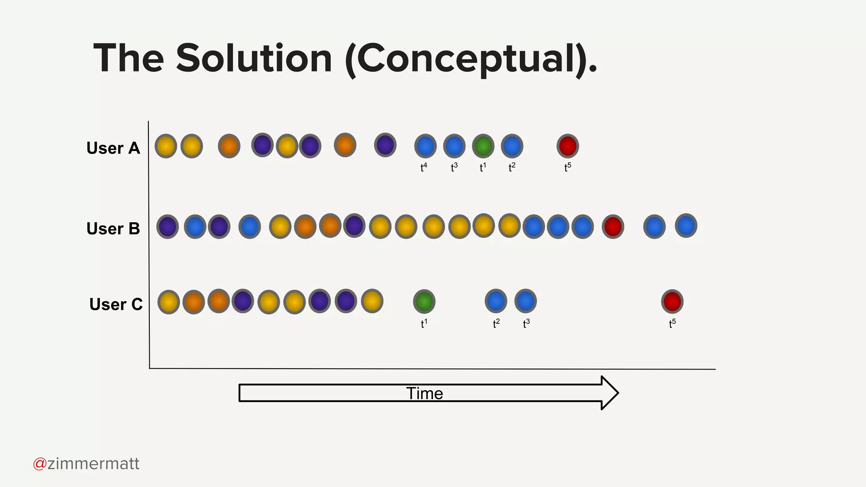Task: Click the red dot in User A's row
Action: pos(567,146)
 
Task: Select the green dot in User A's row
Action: pos(483,146)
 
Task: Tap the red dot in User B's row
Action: pos(613,227)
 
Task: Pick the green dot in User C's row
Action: pos(424,301)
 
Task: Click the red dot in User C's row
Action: pos(672,301)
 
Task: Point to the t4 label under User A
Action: pos(424,167)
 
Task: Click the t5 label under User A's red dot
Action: pos(567,167)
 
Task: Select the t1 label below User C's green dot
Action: pos(424,324)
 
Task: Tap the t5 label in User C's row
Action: pos(672,324)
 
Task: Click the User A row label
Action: pos(113,148)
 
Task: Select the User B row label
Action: pos(113,229)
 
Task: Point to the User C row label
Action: pos(116,304)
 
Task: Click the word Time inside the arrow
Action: pos(425,394)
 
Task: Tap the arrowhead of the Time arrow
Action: pos(609,393)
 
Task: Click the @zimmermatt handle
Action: pos(86,464)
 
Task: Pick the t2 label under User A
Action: pos(512,167)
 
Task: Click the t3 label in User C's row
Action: pos(526,324)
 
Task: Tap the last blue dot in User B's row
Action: pos(686,226)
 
